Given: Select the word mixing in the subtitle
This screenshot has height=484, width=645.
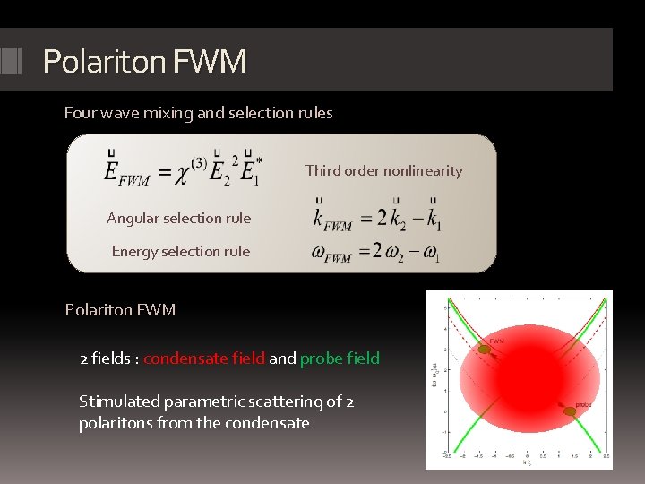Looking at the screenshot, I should coord(162,113).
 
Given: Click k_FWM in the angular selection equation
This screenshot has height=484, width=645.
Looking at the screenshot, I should coord(331,219).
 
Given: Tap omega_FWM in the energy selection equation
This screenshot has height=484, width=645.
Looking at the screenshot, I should coord(331,253).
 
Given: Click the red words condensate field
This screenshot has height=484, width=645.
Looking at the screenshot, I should coord(204,359).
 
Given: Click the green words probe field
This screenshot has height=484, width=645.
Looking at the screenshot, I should coord(340,359).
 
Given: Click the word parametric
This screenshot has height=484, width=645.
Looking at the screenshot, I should coord(200,402).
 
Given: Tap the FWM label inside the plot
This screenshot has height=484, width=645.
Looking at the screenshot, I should coord(496,341).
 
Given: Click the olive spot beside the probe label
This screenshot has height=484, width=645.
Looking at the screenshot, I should coord(569,411).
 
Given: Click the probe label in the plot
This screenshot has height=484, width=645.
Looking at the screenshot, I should coord(583,406).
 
